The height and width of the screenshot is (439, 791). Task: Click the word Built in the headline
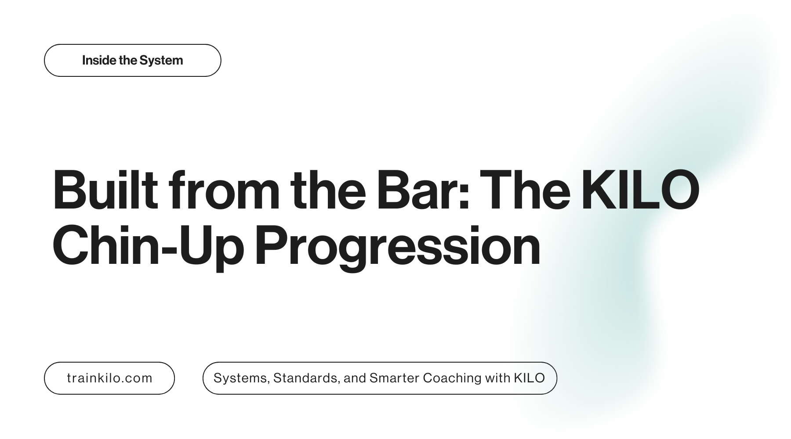[x=105, y=190]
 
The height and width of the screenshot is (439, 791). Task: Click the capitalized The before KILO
[x=525, y=190]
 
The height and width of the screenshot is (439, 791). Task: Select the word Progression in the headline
[x=398, y=247]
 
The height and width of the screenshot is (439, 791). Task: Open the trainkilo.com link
[x=109, y=378]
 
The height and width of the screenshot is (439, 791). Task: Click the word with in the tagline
[x=497, y=378]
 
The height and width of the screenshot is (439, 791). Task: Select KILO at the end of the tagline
[x=529, y=378]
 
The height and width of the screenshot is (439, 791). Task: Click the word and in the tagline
[x=355, y=378]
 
